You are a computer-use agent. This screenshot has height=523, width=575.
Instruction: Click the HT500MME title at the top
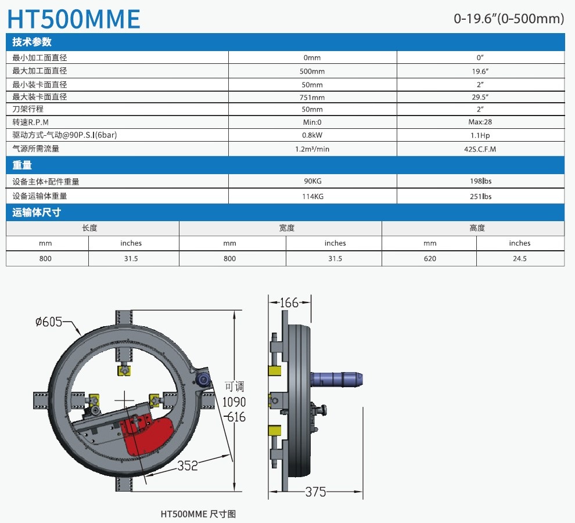click(74, 19)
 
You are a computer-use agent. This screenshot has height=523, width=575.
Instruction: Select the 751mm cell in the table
click(312, 97)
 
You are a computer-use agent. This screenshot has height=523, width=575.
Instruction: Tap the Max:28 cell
click(480, 122)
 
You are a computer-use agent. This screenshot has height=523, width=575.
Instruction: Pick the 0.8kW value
click(312, 135)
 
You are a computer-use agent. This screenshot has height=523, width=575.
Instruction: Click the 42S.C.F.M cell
click(480, 149)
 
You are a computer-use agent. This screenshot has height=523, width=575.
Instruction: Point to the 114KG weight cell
click(312, 196)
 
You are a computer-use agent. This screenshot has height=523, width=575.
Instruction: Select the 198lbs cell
click(480, 181)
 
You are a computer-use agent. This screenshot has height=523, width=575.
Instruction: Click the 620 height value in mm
click(430, 258)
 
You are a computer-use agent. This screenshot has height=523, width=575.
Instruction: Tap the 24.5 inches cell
click(520, 258)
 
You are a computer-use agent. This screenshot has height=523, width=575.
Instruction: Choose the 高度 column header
click(477, 228)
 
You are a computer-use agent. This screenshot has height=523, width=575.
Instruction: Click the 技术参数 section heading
click(32, 42)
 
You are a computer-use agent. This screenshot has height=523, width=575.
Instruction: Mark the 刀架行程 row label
click(28, 109)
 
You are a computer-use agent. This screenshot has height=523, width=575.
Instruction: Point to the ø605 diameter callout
click(49, 322)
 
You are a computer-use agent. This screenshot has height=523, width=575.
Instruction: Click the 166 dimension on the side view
click(289, 303)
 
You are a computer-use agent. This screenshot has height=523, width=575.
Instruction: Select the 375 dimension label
click(315, 492)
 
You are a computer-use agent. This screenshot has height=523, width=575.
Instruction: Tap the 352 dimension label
click(188, 466)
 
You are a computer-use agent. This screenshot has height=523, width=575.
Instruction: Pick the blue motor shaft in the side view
click(336, 379)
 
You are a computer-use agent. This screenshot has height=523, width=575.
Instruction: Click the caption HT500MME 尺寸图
click(198, 514)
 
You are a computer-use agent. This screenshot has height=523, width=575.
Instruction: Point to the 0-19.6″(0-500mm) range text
click(509, 19)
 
